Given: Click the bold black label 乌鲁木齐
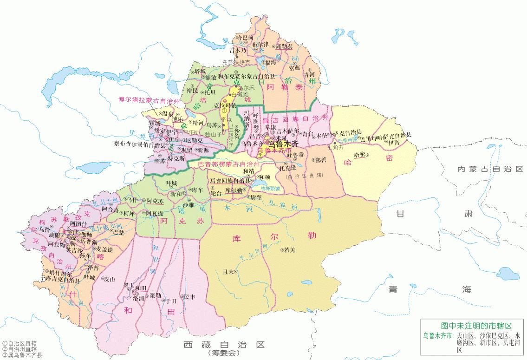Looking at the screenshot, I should [x=283, y=144].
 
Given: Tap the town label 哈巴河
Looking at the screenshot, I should [x=245, y=37].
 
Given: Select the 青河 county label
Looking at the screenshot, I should [x=309, y=74].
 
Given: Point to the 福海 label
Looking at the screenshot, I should [x=271, y=62].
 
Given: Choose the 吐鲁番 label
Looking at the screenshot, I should [x=295, y=154].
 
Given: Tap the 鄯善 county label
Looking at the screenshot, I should [x=321, y=159].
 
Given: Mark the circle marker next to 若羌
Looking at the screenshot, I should [x=282, y=250].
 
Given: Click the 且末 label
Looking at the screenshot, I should [x=228, y=272].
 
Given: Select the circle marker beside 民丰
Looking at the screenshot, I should [x=182, y=296].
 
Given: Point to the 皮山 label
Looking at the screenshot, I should [x=109, y=279].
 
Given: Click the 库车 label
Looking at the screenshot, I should [x=197, y=190].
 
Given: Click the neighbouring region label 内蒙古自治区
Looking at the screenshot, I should [x=490, y=169].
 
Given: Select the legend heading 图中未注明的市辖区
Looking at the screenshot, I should [x=472, y=326].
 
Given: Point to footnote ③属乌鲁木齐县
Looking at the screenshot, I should [x=22, y=355].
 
